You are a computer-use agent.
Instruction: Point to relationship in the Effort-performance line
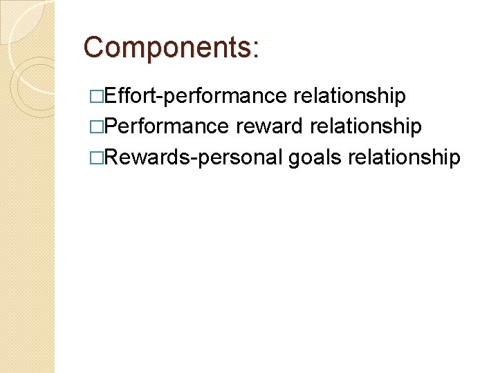349,96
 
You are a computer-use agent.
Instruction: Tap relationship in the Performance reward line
366,126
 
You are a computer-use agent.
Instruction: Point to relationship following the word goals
405,157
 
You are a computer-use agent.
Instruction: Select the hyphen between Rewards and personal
196,158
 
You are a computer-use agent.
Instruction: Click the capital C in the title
93,47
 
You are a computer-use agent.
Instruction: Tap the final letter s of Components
246,48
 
